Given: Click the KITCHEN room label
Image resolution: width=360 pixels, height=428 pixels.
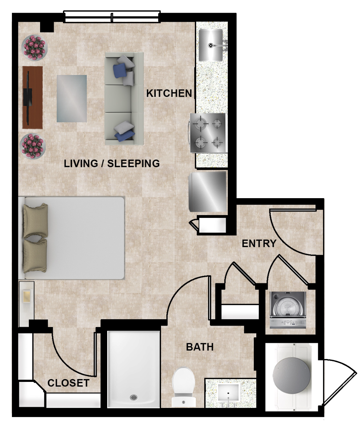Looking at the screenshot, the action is (169, 94).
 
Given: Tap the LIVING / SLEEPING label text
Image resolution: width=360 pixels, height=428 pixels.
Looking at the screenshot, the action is (111, 164).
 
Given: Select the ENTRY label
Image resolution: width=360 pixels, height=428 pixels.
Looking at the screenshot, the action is (259, 244).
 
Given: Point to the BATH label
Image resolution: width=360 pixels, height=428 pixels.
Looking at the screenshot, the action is (200, 347).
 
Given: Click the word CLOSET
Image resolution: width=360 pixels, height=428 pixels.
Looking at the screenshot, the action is (69, 383).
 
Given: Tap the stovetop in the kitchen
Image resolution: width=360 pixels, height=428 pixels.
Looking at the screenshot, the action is (208, 133).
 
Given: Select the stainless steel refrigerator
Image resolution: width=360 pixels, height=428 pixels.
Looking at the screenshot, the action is (208, 192).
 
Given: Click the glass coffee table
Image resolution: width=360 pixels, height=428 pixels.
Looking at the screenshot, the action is (72, 99).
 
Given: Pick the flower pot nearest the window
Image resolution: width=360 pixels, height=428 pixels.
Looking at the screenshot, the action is (34, 48).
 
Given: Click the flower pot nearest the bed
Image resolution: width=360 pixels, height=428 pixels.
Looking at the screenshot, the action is (32, 146).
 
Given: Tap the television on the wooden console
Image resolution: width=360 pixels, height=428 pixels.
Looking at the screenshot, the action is (28, 97).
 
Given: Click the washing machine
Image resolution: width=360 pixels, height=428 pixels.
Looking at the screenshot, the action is (288, 310).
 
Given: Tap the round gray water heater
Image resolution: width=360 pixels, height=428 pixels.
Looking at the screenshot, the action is (291, 376).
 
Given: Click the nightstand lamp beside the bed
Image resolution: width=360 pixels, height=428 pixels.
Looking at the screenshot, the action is (27, 296).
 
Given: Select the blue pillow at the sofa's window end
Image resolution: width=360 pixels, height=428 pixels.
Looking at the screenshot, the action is (120, 70).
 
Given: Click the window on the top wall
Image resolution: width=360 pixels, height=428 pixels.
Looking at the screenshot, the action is (112, 17).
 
